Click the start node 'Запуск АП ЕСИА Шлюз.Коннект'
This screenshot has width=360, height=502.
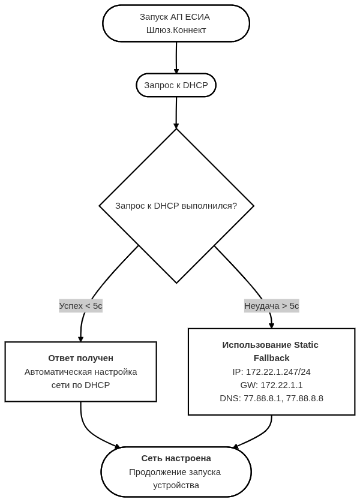click(x=176, y=23)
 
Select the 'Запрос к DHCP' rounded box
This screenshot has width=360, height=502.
click(x=176, y=85)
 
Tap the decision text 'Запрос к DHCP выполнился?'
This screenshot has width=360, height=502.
click(x=176, y=206)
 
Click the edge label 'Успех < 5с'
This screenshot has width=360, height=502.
click(x=81, y=306)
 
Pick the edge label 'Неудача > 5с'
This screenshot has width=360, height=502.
click(x=272, y=306)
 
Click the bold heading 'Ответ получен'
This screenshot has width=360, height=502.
click(x=81, y=358)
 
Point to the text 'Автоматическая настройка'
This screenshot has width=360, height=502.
click(x=81, y=372)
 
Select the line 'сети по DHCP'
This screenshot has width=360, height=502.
click(x=81, y=385)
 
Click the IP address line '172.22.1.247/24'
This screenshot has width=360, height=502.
click(x=272, y=372)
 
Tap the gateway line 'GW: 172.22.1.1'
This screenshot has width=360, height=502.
click(x=272, y=385)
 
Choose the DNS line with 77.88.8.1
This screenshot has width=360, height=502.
click(x=272, y=398)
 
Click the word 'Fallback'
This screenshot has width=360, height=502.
click(x=272, y=358)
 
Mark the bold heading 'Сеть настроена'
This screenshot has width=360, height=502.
click(x=176, y=458)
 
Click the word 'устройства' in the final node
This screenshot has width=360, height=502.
click(x=176, y=485)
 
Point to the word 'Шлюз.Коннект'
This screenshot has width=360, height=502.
click(x=176, y=30)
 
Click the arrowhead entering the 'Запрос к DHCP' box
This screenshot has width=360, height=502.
click(x=176, y=71)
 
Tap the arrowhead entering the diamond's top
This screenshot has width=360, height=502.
click(x=176, y=126)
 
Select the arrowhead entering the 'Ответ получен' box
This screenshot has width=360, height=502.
click(x=81, y=339)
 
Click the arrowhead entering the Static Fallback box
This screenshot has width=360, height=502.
click(x=272, y=326)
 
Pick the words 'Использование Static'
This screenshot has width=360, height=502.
click(x=271, y=345)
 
